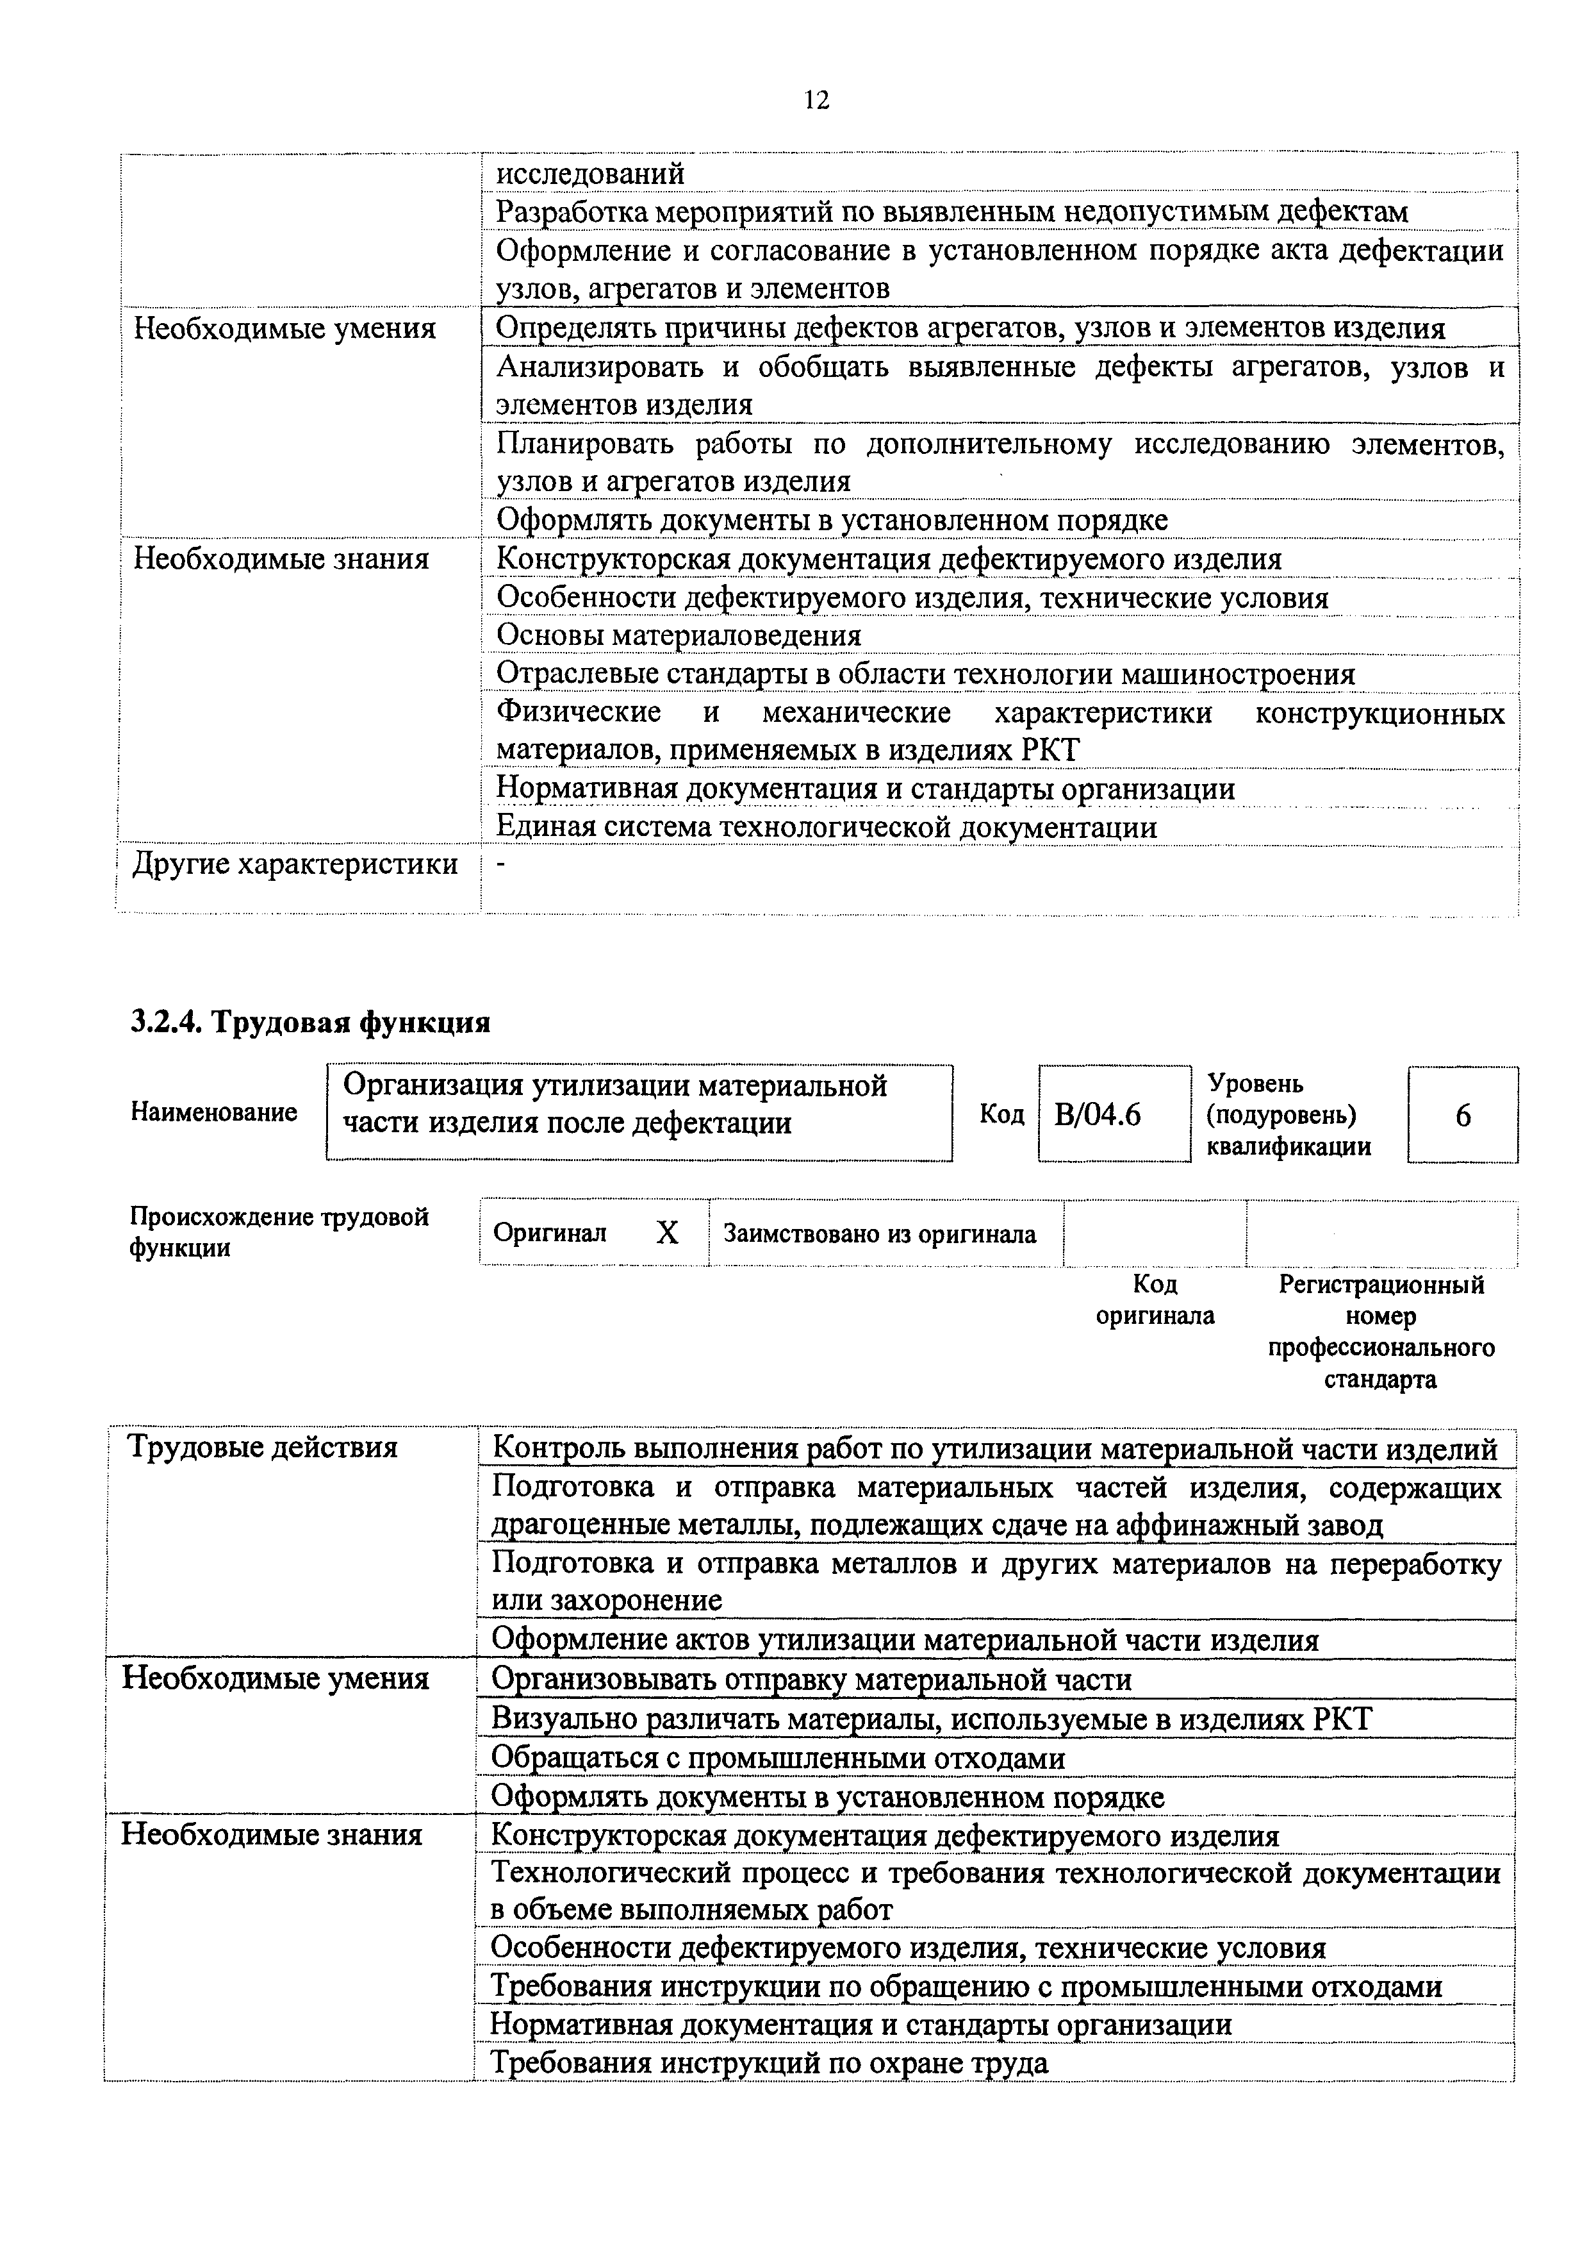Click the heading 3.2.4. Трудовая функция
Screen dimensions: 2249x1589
coord(309,1023)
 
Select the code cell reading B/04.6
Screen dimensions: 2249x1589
coord(1098,1115)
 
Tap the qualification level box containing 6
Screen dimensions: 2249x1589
coord(1463,1115)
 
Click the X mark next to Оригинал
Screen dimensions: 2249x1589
coord(667,1232)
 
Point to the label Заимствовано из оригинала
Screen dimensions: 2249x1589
coord(879,1233)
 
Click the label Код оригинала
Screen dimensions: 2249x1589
coord(1155,1299)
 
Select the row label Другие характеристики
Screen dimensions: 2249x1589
coord(295,864)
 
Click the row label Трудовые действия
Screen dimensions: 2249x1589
coord(263,1447)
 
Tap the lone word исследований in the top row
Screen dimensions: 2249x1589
coord(589,173)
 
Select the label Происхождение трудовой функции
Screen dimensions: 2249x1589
coord(278,1232)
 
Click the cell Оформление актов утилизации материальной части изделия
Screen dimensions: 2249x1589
coord(905,1640)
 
